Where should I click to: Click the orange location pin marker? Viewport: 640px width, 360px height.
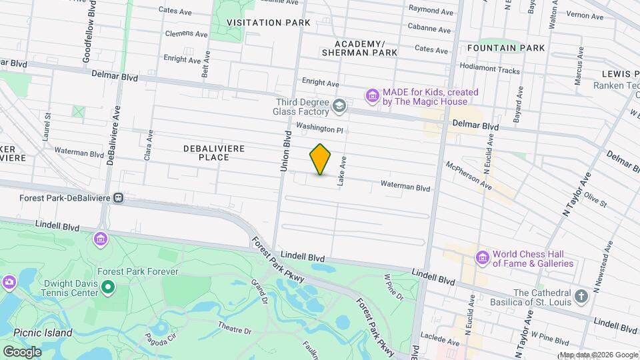[321, 159]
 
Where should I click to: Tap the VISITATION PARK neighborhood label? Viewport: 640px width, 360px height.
[269, 23]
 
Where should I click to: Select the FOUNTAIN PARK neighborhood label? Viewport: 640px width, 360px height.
[506, 48]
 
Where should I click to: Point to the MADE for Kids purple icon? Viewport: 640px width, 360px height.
[373, 96]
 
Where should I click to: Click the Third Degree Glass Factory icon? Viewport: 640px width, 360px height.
[339, 105]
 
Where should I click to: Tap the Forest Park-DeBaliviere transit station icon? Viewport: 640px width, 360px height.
[119, 197]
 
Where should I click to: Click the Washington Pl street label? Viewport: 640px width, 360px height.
[319, 127]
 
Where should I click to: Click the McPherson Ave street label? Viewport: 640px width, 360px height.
[469, 175]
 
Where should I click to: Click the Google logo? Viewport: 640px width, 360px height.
[22, 351]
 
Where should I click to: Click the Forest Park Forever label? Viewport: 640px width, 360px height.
[137, 272]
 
